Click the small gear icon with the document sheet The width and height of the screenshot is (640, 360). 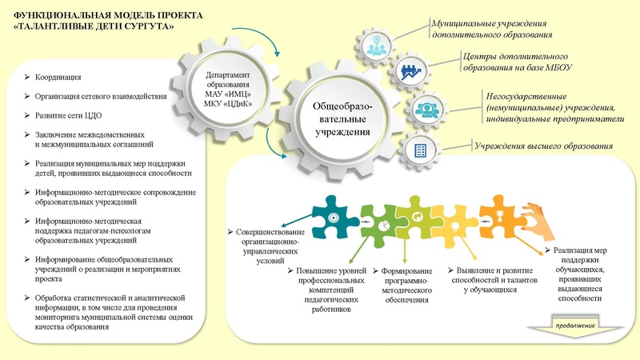pos(416,149)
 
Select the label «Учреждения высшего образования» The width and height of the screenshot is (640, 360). pos(544,146)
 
